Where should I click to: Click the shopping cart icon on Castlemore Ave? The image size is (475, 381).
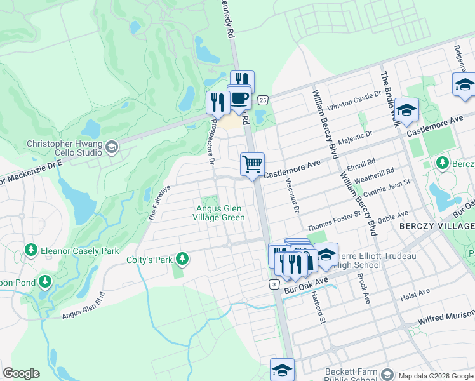(252, 164)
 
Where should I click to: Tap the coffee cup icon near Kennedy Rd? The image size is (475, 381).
(239, 98)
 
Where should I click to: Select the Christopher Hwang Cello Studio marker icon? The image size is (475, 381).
(112, 147)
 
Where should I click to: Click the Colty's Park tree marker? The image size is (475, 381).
(182, 259)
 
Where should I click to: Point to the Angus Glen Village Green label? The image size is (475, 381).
(218, 213)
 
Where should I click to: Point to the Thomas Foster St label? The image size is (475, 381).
(333, 222)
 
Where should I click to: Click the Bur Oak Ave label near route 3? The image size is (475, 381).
(307, 284)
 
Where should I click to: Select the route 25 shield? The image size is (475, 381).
(262, 100)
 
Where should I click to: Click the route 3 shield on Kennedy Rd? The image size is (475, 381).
(274, 284)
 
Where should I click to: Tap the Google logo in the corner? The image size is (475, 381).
(21, 373)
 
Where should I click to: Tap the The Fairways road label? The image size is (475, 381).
(160, 203)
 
